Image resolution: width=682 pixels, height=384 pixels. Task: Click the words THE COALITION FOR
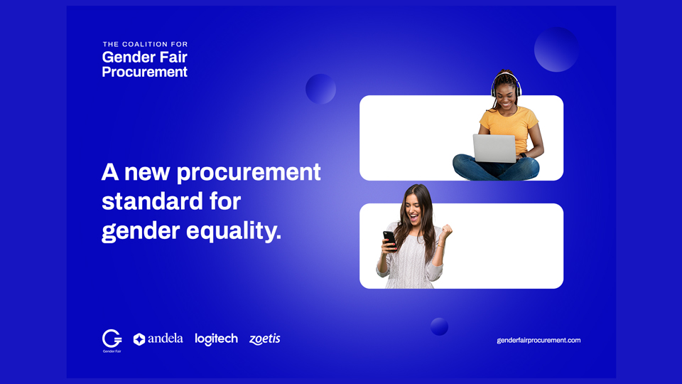point(145,44)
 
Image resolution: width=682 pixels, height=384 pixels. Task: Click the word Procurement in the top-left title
point(144,72)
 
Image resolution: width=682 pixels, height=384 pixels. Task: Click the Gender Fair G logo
point(112,341)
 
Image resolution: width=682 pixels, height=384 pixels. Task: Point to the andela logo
point(158,338)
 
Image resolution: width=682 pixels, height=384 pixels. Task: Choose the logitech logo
point(216,339)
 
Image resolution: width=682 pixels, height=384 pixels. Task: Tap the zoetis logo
point(264,339)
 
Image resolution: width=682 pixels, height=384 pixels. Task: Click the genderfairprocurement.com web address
point(538,341)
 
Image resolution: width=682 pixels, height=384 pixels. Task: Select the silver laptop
point(494,149)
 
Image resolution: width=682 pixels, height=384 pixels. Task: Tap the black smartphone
point(389,240)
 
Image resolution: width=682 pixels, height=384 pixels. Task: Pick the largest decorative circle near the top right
point(556,49)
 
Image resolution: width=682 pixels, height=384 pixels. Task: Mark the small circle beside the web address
point(439,326)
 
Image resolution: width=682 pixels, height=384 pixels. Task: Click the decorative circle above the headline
point(320,89)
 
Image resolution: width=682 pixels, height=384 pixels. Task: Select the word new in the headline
point(147,172)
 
